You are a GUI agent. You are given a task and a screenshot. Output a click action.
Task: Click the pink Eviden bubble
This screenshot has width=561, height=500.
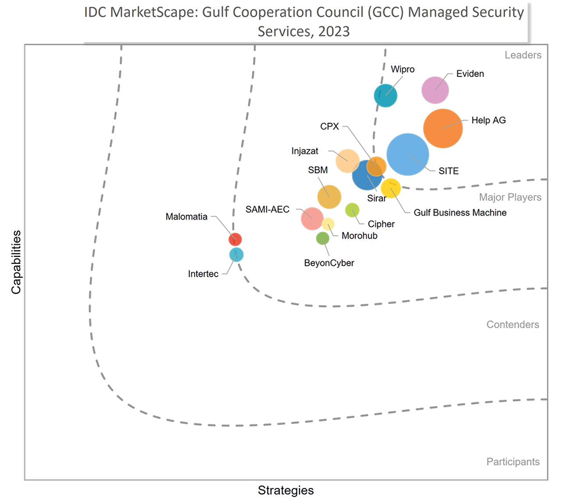tap(435, 89)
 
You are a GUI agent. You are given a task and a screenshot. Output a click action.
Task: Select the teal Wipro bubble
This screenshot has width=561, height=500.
tap(385, 95)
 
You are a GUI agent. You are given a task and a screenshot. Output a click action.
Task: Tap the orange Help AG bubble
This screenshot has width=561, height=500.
tap(443, 128)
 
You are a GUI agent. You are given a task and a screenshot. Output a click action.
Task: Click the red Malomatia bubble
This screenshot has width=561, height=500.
tap(235, 239)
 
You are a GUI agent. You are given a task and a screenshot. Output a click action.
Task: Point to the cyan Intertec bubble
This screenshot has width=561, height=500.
tap(236, 254)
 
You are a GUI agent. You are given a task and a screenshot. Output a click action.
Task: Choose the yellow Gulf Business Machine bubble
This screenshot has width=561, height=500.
tap(391, 188)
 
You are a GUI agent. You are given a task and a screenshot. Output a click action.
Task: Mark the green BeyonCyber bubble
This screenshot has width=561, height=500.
tap(322, 239)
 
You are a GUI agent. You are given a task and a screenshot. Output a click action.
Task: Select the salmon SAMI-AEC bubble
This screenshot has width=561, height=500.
tap(312, 218)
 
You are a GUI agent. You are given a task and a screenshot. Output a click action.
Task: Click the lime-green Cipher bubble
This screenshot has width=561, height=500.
tap(352, 210)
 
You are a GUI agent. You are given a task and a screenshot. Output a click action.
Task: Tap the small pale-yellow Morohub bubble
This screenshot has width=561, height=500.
tap(328, 223)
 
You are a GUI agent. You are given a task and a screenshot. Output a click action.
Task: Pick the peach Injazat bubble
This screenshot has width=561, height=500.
tap(347, 161)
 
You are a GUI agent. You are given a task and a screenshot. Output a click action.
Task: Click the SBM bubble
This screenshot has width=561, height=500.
tap(329, 197)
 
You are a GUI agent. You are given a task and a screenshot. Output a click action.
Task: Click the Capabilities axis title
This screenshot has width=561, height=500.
tap(16, 261)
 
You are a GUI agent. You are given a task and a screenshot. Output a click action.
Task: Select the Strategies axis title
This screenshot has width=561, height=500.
tap(286, 490)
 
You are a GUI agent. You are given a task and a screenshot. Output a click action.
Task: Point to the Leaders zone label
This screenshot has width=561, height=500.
tap(523, 55)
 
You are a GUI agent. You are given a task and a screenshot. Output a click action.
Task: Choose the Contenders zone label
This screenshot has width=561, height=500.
tap(513, 325)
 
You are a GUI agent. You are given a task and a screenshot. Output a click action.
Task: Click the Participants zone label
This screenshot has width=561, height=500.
tap(513, 462)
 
